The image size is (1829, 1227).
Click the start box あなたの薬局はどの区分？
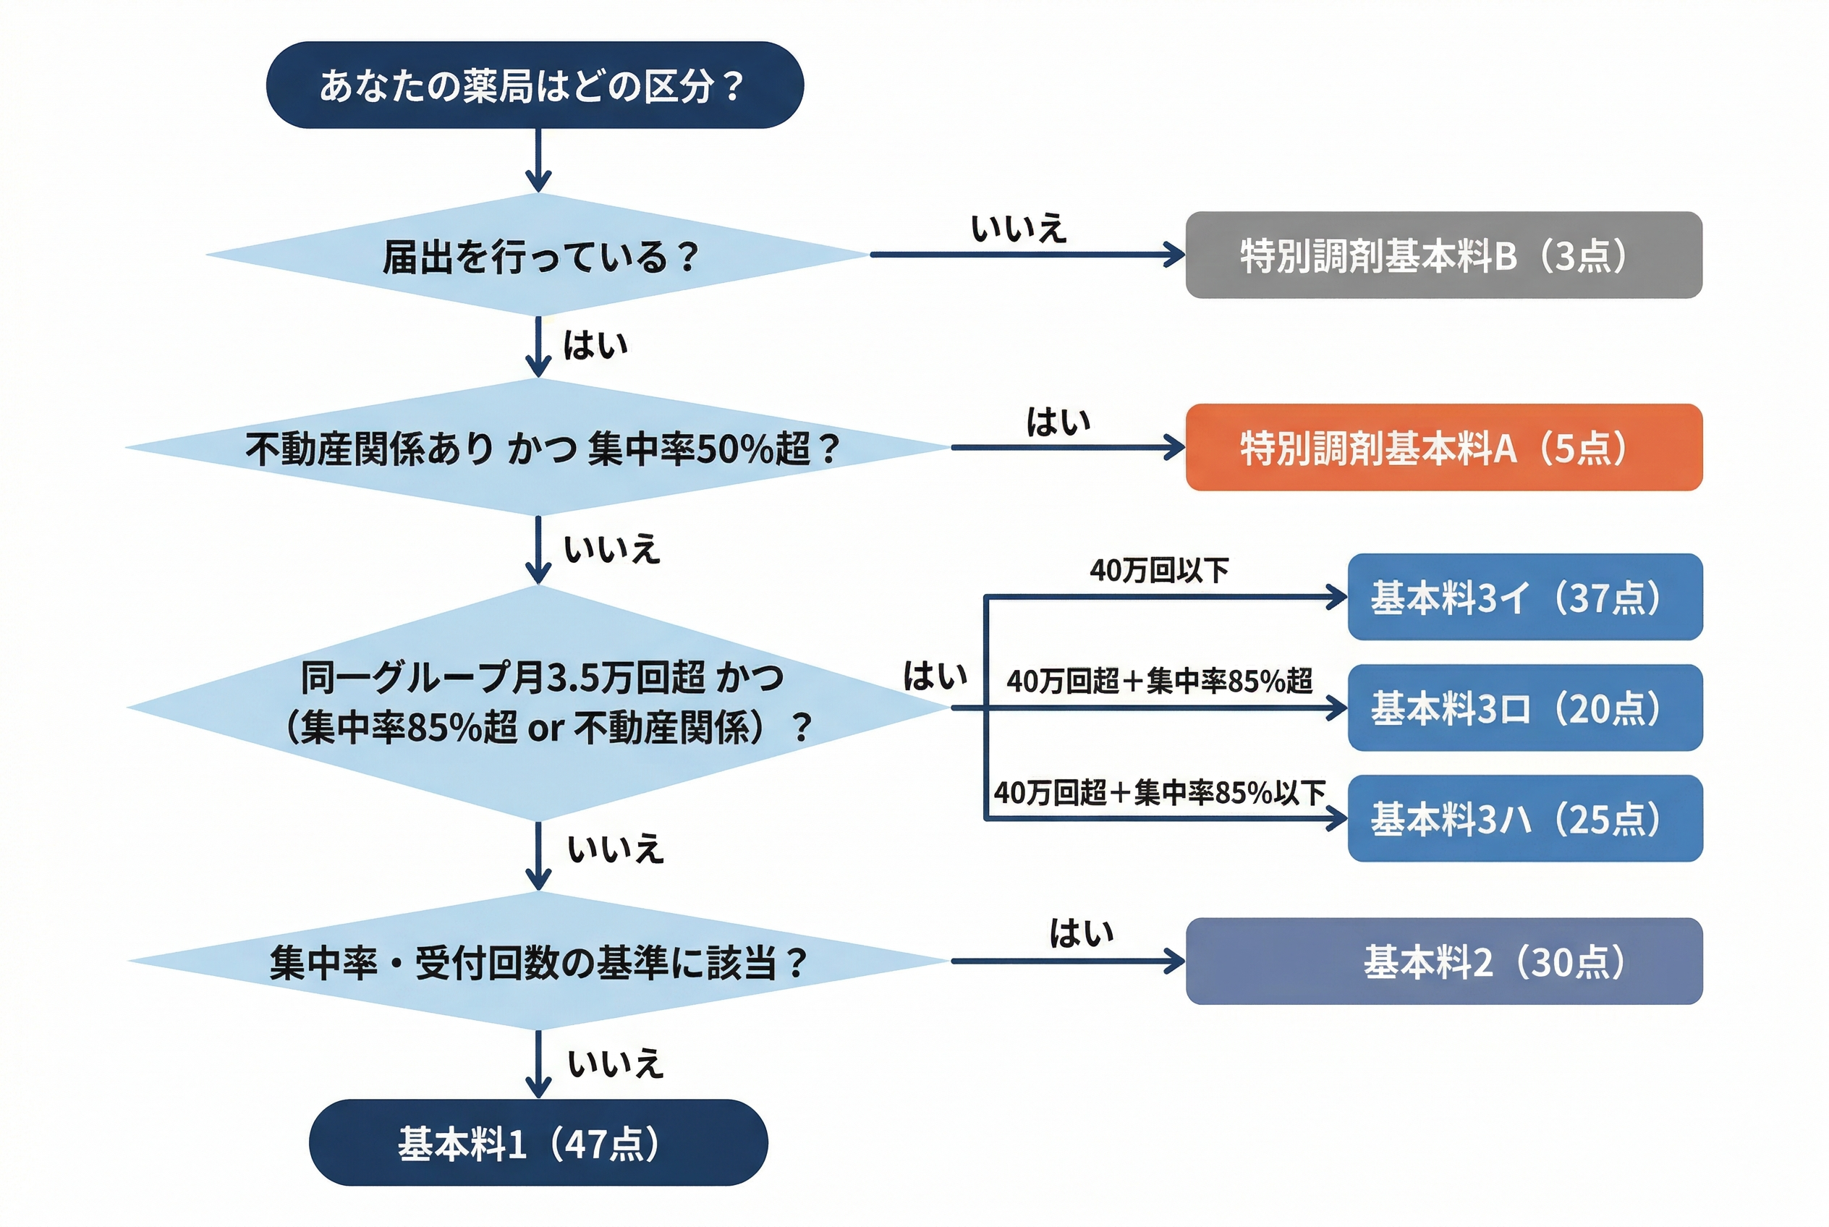click(x=535, y=85)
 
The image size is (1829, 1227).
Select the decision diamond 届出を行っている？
click(x=538, y=255)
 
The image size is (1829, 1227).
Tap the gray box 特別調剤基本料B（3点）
click(x=1443, y=255)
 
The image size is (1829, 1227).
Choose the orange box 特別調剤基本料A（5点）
click(x=1443, y=448)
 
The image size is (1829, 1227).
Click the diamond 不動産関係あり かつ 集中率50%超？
click(x=538, y=449)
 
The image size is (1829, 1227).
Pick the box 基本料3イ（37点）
click(x=1524, y=597)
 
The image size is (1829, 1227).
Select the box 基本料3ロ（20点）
click(x=1524, y=708)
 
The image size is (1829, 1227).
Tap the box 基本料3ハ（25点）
click(x=1524, y=818)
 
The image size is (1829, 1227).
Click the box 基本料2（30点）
click(x=1443, y=961)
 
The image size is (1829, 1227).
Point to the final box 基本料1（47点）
click(x=538, y=1143)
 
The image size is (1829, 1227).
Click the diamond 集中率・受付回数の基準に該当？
click(x=538, y=961)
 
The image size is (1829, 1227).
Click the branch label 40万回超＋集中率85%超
click(x=1159, y=682)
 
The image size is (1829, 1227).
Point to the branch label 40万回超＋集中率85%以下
click(x=1159, y=793)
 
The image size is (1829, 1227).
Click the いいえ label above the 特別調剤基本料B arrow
click(x=1018, y=229)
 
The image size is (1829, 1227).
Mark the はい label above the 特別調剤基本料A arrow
click(x=1058, y=423)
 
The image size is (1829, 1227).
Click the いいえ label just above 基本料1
click(x=615, y=1064)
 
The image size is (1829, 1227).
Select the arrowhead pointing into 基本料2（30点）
click(x=1176, y=961)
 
